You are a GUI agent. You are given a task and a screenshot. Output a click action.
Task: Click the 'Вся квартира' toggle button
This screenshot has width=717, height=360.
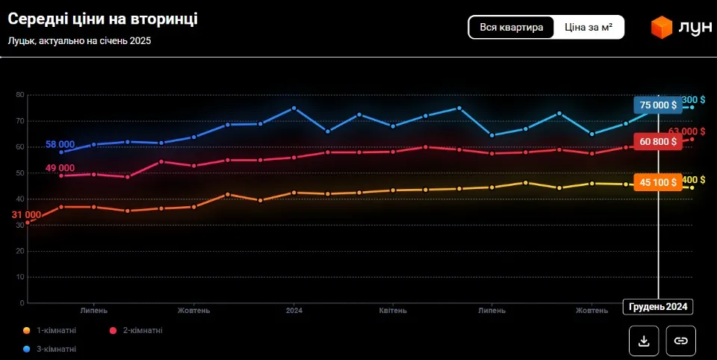[x=512, y=28]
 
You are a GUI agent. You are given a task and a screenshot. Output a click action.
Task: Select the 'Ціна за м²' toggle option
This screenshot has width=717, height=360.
[x=589, y=28]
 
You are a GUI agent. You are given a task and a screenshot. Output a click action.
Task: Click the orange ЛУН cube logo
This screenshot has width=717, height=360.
[x=662, y=28]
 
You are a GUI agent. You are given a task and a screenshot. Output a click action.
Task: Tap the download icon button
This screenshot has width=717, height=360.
[x=644, y=341]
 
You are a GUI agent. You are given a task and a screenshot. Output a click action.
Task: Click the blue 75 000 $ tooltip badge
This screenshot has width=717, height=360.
[x=658, y=105]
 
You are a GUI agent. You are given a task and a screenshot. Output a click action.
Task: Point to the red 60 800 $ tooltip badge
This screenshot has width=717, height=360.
[x=658, y=141]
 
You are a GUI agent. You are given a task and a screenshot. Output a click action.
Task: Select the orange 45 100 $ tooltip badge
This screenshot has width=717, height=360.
[x=658, y=181]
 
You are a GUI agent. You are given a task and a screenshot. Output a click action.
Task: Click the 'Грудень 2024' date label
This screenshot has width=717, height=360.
[x=658, y=307]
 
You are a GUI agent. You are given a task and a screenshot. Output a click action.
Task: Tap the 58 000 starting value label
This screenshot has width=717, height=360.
[x=60, y=144]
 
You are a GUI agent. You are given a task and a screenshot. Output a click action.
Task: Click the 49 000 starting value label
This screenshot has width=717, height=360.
[x=60, y=168]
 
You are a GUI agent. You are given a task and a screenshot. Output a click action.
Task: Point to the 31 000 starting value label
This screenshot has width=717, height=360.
[x=26, y=215]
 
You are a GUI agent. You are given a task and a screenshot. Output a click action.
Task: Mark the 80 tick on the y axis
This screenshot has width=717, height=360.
[x=20, y=95]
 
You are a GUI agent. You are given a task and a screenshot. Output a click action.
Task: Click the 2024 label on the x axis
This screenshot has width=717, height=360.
[x=294, y=310]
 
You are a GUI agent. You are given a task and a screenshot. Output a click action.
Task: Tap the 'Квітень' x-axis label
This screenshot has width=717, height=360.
[x=393, y=310]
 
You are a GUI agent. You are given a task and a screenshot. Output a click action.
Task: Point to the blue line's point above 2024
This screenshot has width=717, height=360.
[x=294, y=108]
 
